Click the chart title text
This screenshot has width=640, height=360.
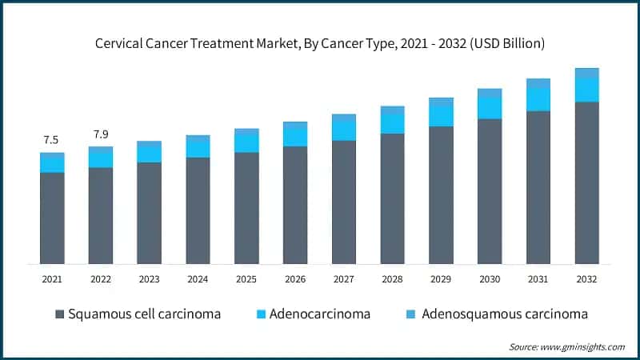click(x=320, y=44)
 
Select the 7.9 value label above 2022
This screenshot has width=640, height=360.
click(x=101, y=134)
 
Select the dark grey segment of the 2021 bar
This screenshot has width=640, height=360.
click(x=52, y=218)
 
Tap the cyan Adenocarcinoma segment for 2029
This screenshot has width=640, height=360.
click(x=442, y=116)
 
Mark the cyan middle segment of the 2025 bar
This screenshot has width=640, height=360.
click(x=246, y=142)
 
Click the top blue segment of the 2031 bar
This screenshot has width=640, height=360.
click(x=538, y=83)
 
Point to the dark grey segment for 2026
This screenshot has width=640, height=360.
click(x=295, y=205)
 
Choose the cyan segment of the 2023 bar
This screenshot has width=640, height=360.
click(x=149, y=154)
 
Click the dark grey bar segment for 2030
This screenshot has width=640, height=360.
click(x=490, y=191)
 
